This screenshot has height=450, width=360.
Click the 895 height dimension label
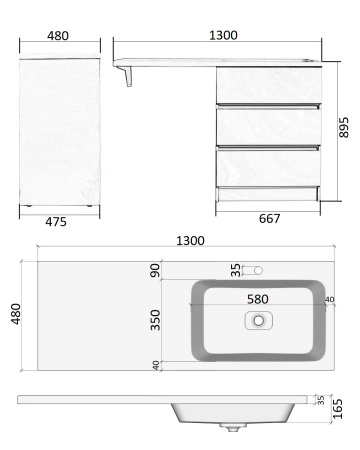(x=344, y=127)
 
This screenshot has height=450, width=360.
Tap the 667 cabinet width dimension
(x=269, y=219)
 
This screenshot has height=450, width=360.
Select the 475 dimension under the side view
(x=56, y=222)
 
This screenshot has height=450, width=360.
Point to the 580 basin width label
(x=258, y=299)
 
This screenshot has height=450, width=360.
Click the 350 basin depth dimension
(x=155, y=320)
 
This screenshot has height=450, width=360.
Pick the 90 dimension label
(x=155, y=270)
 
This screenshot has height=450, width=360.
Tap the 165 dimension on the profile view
(x=338, y=409)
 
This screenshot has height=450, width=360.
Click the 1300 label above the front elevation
(x=223, y=35)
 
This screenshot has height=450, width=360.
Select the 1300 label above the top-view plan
(x=190, y=241)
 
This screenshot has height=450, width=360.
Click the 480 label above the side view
(x=58, y=36)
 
